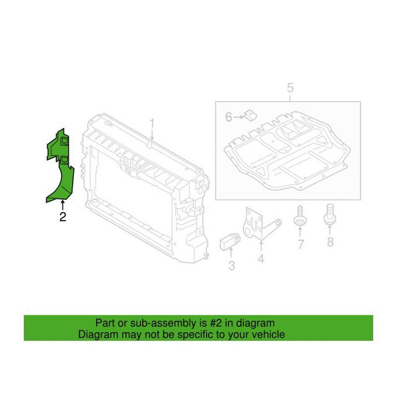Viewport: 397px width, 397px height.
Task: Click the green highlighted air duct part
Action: point(59,169)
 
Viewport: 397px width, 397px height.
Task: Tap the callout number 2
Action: point(63,216)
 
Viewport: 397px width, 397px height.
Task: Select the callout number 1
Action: point(153,123)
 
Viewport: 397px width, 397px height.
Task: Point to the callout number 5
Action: point(290,88)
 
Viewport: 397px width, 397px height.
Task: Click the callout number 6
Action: point(229,117)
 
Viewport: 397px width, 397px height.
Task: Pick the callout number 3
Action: point(231,265)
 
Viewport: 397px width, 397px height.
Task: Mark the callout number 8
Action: point(331,242)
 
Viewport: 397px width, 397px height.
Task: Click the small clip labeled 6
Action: point(250,116)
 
